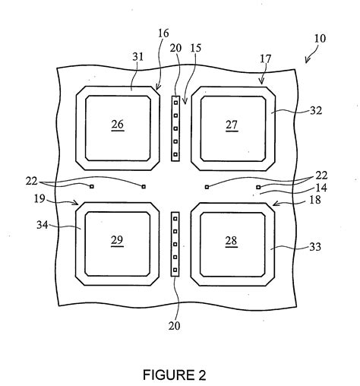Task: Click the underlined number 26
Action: [x=118, y=125]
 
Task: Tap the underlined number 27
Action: [x=232, y=125]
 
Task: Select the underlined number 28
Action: [x=231, y=241]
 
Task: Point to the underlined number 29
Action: [x=117, y=240]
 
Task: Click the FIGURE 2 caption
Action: [x=175, y=375]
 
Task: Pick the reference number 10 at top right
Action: [x=320, y=38]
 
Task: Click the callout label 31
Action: [x=138, y=57]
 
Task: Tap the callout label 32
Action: [x=316, y=110]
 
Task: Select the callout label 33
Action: [x=315, y=247]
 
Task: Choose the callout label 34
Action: [x=43, y=225]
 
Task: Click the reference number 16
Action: [x=163, y=33]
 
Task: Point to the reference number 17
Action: [x=265, y=59]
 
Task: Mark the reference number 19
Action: [x=39, y=199]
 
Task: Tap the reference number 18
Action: [x=315, y=200]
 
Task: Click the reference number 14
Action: [x=321, y=188]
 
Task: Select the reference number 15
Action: [x=196, y=48]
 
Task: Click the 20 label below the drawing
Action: [x=175, y=326]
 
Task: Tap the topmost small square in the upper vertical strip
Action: [x=175, y=103]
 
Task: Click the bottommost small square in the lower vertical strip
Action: [x=175, y=270]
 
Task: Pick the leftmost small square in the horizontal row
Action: [x=92, y=187]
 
